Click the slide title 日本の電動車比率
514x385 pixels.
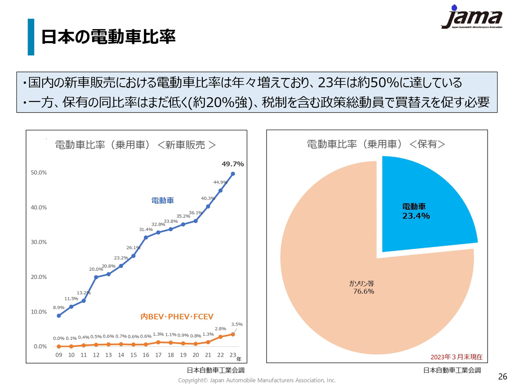pyautogui.click(x=108, y=37)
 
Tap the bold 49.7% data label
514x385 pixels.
pyautogui.click(x=233, y=164)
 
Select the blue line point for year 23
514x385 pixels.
pyautogui.click(x=233, y=174)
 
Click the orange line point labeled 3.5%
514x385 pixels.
pyautogui.click(x=233, y=334)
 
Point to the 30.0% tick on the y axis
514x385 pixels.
pyautogui.click(x=39, y=242)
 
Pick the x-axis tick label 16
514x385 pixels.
pyautogui.click(x=146, y=355)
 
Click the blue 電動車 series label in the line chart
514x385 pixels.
pyautogui.click(x=162, y=201)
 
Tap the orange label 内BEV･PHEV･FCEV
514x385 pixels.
pyautogui.click(x=177, y=317)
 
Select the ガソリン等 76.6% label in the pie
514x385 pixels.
pyautogui.click(x=362, y=287)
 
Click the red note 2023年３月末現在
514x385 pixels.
pyautogui.click(x=456, y=357)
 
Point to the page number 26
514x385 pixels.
pyautogui.click(x=502, y=376)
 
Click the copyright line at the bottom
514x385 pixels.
pyautogui.click(x=257, y=380)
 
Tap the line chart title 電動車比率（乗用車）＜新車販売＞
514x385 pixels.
pyautogui.click(x=135, y=145)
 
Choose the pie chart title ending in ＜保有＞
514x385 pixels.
pyautogui.click(x=376, y=144)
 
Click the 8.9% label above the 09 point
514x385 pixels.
pyautogui.click(x=59, y=307)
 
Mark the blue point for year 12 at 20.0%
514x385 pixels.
pyautogui.click(x=96, y=277)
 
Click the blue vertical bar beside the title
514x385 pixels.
pyautogui.click(x=31, y=37)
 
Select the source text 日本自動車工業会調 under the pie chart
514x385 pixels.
pyautogui.click(x=452, y=370)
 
